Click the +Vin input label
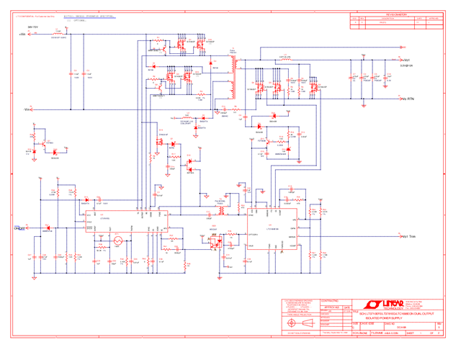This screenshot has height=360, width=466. pos(21,34)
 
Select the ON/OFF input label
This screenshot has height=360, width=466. pos(21,228)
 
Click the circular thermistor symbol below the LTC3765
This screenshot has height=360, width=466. pos(117,241)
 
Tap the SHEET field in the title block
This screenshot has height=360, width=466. pos(411,333)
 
